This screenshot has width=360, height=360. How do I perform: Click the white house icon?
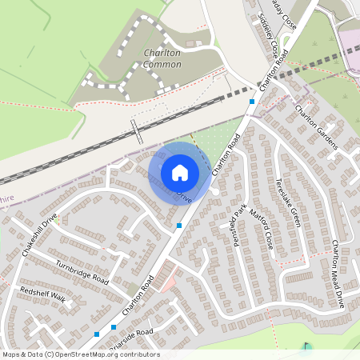pyautogui.click(x=179, y=172)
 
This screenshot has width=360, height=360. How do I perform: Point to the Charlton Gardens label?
pyautogui.click(x=317, y=127)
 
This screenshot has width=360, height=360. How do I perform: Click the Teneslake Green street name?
pyautogui.click(x=287, y=202)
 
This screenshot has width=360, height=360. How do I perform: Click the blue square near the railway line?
pyautogui.click(x=252, y=102)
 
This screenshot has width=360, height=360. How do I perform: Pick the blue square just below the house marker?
pyautogui.click(x=179, y=226)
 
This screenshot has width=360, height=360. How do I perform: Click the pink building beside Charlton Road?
pyautogui.click(x=164, y=278)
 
